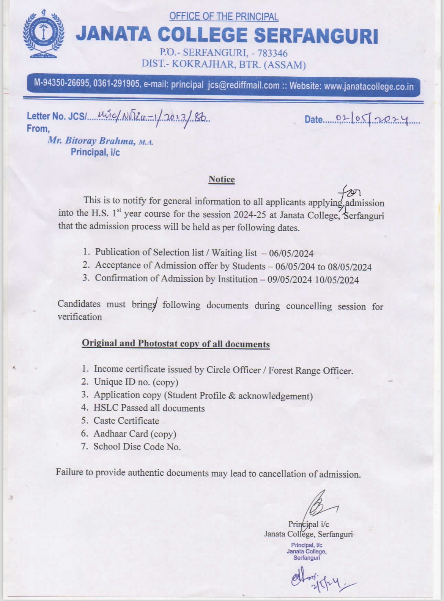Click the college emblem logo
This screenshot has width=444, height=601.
pos(43,34)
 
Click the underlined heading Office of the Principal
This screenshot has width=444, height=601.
pos(224,17)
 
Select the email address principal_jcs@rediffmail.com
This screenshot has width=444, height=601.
pos(225,85)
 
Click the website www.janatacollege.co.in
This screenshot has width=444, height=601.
pos(368,87)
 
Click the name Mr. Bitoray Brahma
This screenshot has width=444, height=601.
pos(91,141)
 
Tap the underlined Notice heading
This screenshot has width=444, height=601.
pos(222,179)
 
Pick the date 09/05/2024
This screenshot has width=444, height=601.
pos(290,280)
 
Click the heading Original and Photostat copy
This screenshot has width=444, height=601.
pos(176,344)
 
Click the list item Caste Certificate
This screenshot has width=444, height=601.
pos(126,421)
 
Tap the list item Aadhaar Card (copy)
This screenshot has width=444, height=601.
pos(135,434)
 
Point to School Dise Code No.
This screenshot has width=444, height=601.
pos(137,446)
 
